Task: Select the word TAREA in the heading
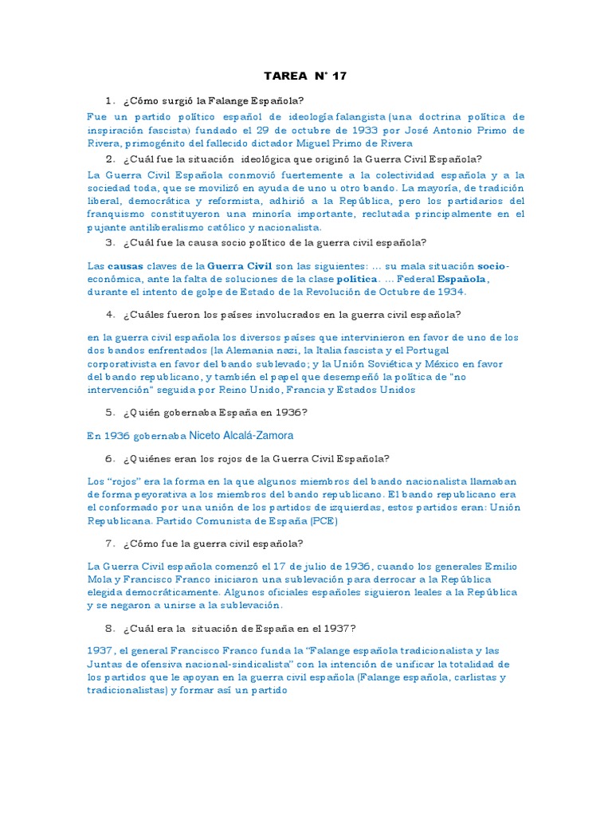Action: tap(284, 76)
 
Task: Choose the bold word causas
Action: tap(124, 266)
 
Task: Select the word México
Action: tap(453, 364)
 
